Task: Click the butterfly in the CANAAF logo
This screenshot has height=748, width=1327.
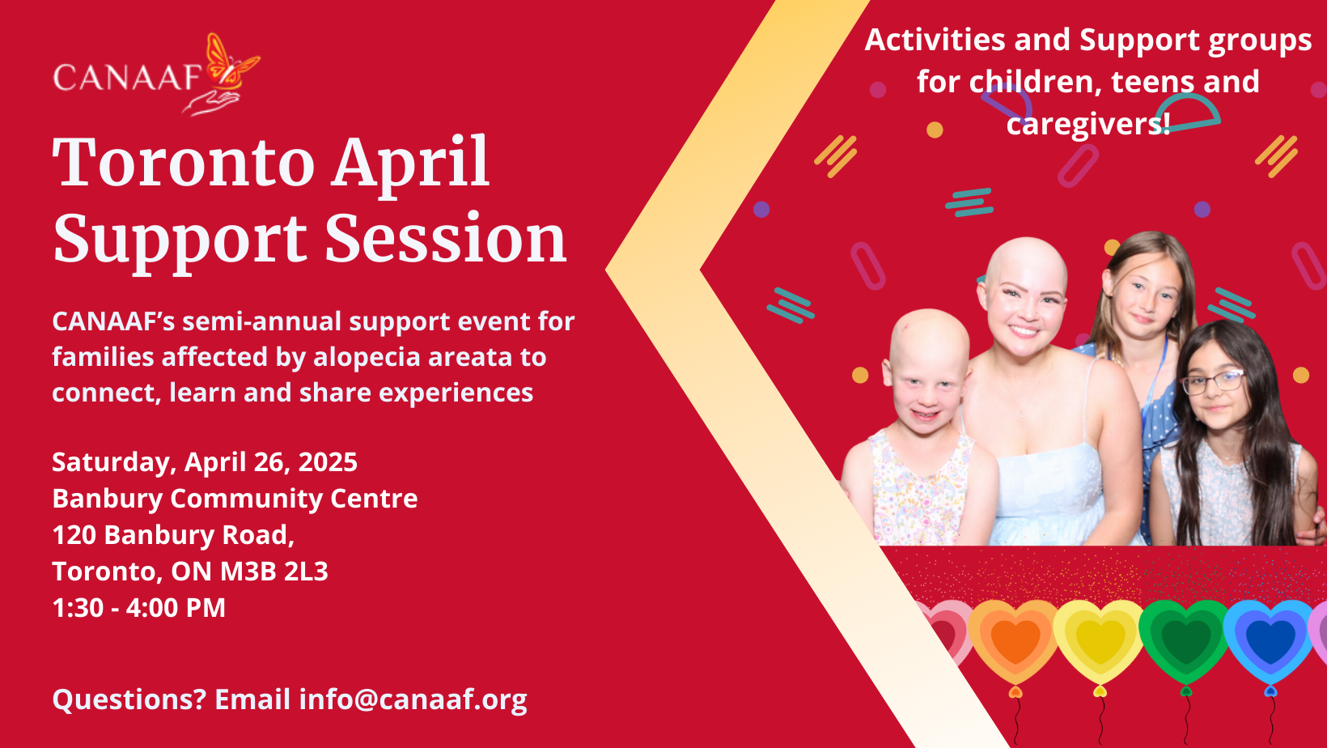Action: coord(231,62)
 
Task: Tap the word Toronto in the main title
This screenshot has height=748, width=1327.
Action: coord(184,161)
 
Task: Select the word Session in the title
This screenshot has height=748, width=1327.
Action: coord(446,238)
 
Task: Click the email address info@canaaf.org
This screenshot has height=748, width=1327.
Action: coord(413,699)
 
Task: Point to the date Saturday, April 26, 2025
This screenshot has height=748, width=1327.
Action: coord(205,462)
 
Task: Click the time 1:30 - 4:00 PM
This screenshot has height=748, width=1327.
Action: coord(138,608)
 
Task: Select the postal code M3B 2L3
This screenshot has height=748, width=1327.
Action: coord(274,572)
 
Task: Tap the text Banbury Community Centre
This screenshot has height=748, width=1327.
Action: coord(235,499)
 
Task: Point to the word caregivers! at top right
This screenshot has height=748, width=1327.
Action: coord(1088,124)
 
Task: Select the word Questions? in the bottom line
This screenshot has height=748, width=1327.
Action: coord(129,699)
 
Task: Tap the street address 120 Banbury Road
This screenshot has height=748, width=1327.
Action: coord(173,535)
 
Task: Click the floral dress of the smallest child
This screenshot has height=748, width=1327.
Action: coord(918,489)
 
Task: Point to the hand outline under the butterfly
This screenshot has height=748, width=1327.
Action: coord(210,102)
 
